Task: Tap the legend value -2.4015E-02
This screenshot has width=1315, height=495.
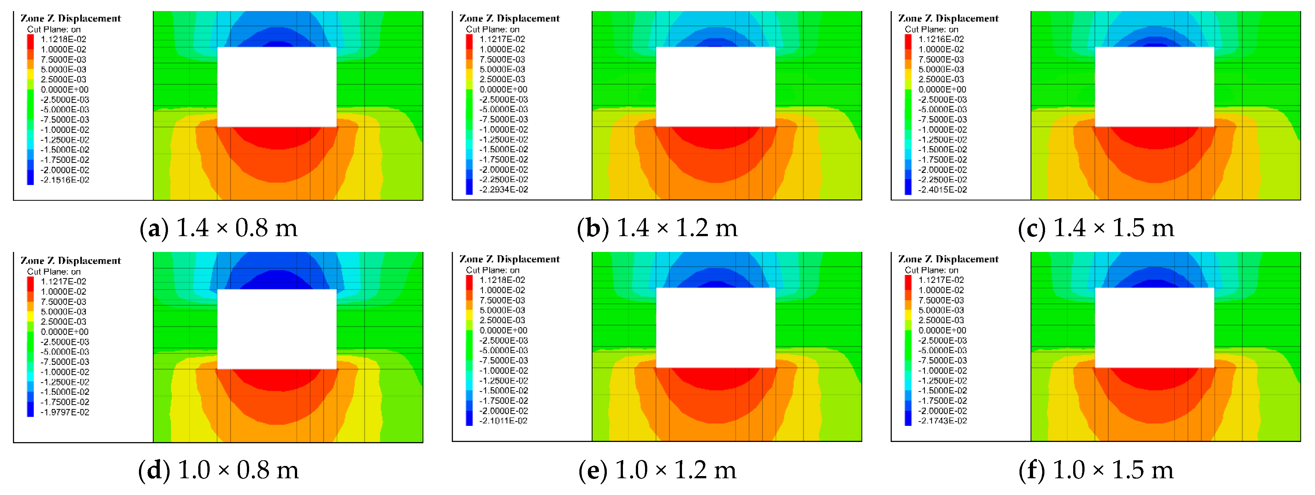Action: point(942,190)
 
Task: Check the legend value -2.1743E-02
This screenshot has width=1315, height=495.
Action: point(942,421)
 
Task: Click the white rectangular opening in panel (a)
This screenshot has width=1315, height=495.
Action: point(277,87)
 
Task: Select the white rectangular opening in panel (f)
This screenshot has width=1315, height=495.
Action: point(1155,328)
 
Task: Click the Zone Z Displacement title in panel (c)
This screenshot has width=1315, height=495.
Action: point(948,18)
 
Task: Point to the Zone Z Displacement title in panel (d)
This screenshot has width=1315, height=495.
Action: point(70,261)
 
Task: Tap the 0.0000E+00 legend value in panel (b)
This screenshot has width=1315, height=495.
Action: point(503,89)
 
